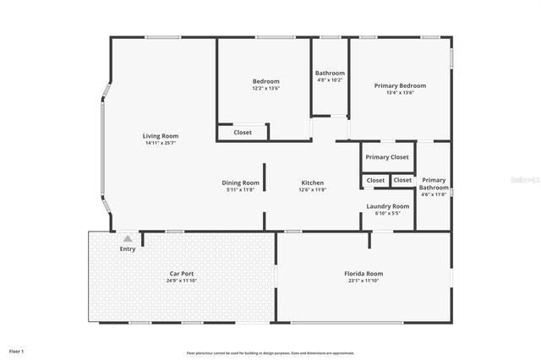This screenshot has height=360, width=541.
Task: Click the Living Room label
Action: [160, 136]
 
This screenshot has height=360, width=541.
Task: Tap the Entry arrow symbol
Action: [128, 239]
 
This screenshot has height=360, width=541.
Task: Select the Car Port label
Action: [183, 274]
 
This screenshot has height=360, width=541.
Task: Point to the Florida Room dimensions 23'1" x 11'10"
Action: [363, 281]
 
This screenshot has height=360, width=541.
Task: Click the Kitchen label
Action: [313, 183]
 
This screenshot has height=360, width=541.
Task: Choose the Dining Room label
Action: [240, 183]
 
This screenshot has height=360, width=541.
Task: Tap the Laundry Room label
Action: [387, 206]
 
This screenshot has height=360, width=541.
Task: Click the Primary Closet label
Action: [387, 157]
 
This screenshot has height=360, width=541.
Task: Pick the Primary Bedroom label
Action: [400, 85]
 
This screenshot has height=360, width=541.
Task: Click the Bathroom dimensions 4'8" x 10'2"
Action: [330, 80]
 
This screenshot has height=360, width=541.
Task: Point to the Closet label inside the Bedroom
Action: [243, 132]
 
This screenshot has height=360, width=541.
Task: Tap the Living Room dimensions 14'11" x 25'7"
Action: [160, 143]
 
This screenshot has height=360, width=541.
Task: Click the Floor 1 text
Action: [17, 350]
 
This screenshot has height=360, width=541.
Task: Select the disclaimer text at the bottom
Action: [270, 352]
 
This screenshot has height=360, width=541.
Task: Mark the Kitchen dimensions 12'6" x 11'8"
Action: [313, 189]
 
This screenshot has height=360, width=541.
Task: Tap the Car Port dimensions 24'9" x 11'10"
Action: [183, 281]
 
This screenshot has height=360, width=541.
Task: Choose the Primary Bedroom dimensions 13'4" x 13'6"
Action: [400, 93]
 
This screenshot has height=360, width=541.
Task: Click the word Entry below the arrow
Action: [128, 248]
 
